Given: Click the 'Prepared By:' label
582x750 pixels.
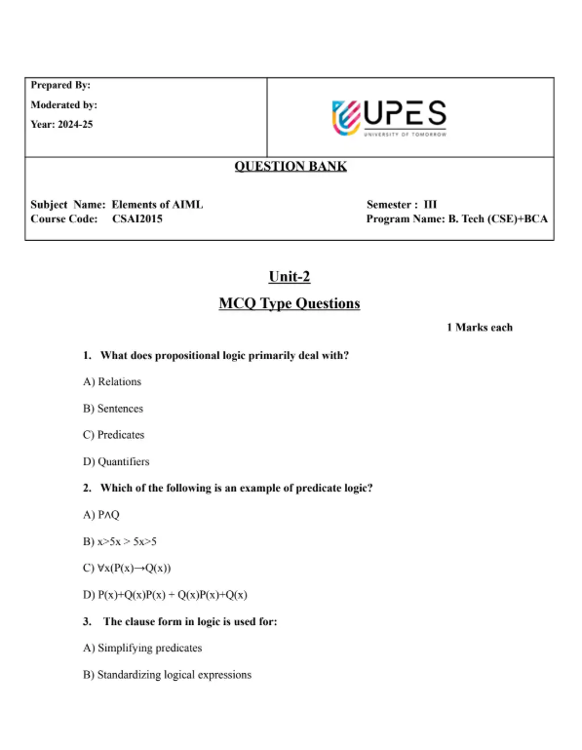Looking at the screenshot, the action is (60, 85).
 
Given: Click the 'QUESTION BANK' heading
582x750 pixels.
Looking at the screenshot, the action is (291, 167).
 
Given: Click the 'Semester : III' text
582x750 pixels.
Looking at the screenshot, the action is (402, 204).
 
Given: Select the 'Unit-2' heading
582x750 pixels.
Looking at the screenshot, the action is (290, 277).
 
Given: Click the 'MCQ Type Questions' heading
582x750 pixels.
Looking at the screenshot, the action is (290, 303).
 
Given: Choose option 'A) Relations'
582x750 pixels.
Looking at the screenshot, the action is (112, 381).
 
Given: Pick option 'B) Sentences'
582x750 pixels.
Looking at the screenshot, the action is (115, 409).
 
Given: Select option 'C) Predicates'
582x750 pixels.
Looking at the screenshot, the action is (114, 435).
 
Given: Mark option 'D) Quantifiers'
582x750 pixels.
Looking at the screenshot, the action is (116, 461).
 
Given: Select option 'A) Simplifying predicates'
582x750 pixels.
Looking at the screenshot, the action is (142, 648).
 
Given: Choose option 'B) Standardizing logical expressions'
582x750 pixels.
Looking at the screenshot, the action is (167, 674).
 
